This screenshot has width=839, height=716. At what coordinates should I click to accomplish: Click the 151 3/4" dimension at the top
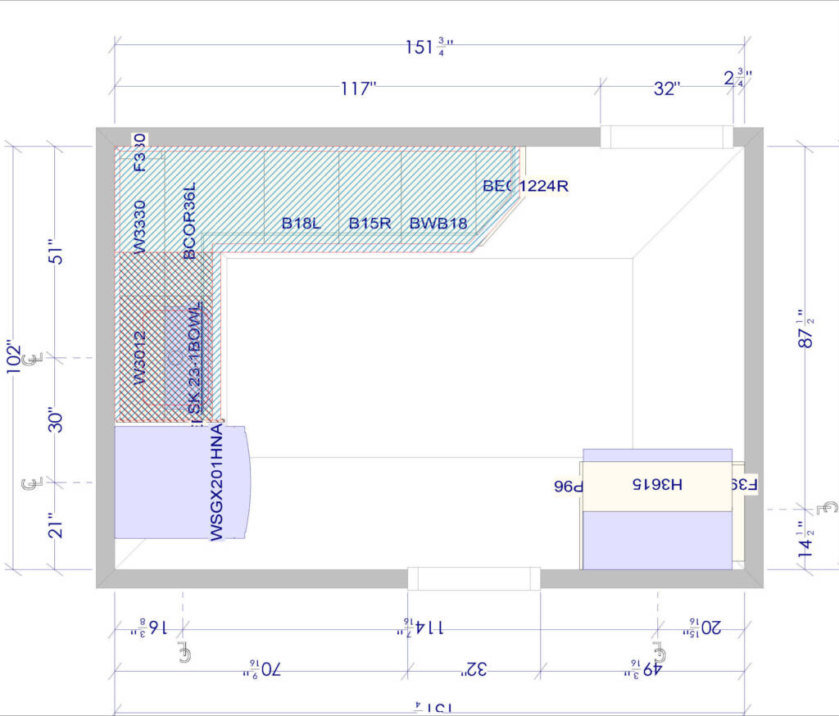click(x=429, y=48)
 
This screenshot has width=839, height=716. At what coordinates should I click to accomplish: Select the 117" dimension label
click(x=358, y=88)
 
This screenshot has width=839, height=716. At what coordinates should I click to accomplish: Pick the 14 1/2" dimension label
click(x=806, y=537)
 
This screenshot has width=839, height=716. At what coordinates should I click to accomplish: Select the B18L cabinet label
click(x=301, y=223)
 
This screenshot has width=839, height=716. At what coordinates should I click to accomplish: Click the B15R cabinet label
click(x=370, y=223)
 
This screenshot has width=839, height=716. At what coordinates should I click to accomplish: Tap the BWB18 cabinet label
click(x=438, y=223)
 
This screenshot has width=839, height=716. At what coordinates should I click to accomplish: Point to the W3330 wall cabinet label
click(x=140, y=225)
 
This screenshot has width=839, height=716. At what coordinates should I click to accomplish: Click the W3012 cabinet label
click(x=140, y=357)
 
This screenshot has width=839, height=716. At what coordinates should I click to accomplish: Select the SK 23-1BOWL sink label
click(x=194, y=360)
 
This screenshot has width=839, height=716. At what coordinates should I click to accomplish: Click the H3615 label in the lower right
click(x=656, y=484)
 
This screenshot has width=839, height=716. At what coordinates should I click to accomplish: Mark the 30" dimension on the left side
click(x=56, y=420)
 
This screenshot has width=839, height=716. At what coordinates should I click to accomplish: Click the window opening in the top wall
click(x=666, y=137)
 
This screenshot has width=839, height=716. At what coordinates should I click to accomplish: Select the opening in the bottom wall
click(x=474, y=578)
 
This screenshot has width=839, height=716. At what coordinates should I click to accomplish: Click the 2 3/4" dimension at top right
click(x=737, y=79)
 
